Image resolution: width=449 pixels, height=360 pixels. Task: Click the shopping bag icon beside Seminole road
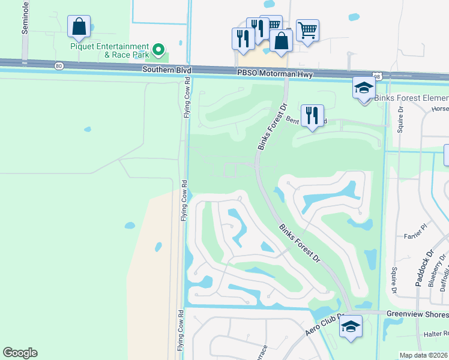79,26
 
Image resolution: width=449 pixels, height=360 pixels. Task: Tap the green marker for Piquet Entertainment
158,49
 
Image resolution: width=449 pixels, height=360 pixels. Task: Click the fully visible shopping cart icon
307,29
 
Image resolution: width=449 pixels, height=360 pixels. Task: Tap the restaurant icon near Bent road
312,115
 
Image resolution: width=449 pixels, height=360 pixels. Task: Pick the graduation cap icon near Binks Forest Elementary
364,88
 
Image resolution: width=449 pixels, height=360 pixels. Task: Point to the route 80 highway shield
58,66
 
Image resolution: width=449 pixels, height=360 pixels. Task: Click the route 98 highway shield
377,76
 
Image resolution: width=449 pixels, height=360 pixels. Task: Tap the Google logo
20,353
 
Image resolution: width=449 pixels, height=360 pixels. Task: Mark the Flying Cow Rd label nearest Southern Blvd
187,97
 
